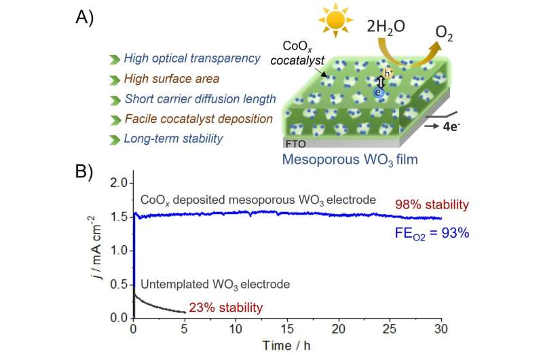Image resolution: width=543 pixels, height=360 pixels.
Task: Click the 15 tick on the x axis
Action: click(x=288, y=329)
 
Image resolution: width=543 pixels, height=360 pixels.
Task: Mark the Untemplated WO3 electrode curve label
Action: click(x=206, y=283)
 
